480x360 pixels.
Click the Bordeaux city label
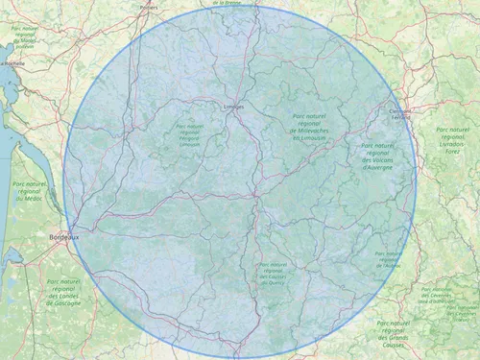(63, 235)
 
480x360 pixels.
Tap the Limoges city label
(233, 107)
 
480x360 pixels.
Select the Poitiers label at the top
(148, 7)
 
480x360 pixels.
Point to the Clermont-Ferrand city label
(399, 113)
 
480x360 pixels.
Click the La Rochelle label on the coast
(12, 63)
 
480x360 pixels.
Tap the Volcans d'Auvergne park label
(378, 156)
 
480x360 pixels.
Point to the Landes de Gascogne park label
(65, 292)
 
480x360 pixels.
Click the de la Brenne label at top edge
(231, 3)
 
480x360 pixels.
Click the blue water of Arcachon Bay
(13, 256)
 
